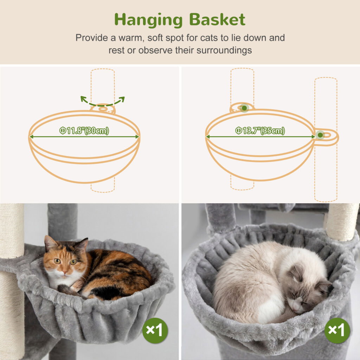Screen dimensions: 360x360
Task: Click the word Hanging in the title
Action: coord(148,20)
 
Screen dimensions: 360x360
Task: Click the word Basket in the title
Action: coord(217,20)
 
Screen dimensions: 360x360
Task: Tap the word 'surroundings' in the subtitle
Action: coord(224,50)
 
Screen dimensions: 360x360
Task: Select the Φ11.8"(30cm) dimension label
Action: coord(84,131)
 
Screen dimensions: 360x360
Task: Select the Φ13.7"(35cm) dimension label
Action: coord(260,131)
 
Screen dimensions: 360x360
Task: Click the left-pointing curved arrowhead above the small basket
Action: coord(84,99)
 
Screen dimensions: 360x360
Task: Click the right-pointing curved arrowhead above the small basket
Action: coord(122,99)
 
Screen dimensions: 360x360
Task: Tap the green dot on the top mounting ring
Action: coord(244,108)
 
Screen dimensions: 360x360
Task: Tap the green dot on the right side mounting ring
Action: coord(320,135)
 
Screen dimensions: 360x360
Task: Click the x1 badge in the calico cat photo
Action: coord(155,330)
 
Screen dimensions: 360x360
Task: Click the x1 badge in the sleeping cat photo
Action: coord(337,330)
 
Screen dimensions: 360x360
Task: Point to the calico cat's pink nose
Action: coord(65,272)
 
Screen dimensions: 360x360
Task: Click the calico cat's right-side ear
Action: coord(82,245)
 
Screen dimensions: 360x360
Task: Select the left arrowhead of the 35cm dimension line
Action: coord(208,137)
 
